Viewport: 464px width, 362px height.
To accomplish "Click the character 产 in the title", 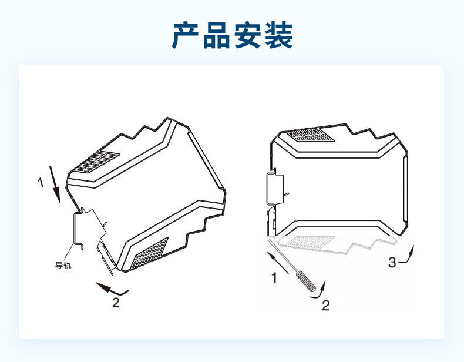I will pos(187,36).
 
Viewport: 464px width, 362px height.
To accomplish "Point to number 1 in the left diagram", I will pos(41,183).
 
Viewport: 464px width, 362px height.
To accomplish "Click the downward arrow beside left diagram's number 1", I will pos(55,184).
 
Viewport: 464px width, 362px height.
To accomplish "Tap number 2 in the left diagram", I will pos(116,303).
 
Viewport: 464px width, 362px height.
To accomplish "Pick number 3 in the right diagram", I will pos(392,262).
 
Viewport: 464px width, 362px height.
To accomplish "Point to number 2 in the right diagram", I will pos(325,305).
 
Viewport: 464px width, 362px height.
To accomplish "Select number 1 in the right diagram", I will pos(274,278).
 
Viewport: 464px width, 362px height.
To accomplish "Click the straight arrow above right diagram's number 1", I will pos(279,262).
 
